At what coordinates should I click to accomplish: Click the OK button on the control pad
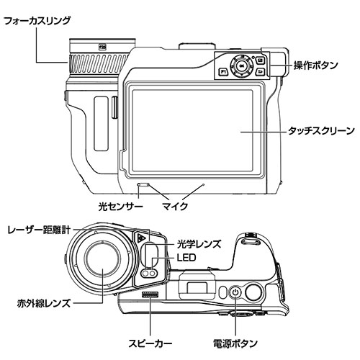coord(241,66)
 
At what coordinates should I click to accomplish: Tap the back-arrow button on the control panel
coord(260,71)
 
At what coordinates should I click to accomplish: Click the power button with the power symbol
coord(235,292)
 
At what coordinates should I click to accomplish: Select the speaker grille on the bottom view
coord(150,294)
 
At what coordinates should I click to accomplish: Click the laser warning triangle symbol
coord(140,238)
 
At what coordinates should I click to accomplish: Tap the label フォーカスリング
coord(37,21)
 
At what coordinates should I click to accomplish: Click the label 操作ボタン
coord(316,66)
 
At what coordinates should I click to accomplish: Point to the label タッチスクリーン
coord(321,131)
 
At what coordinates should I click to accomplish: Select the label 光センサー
coord(120,206)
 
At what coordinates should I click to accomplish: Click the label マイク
coord(175,206)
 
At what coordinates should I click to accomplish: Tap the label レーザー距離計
coord(39,230)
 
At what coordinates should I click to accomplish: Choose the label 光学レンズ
coord(199,244)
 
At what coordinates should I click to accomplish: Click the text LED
coord(186,258)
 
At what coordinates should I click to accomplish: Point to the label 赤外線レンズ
coord(44,303)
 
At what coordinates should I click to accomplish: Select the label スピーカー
coord(150,343)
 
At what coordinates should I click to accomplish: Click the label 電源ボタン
coord(235,343)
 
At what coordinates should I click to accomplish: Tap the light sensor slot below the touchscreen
coord(143,185)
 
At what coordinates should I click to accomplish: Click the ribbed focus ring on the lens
coord(99,63)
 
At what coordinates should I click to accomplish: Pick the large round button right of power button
coord(253,292)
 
